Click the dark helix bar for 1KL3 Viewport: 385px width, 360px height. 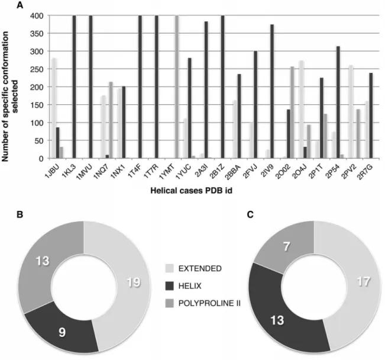(x=74, y=87)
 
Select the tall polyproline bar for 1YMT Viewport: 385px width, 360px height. (x=177, y=87)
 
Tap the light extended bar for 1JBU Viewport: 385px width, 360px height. (x=54, y=108)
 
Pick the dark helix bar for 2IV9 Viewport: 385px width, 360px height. (x=272, y=91)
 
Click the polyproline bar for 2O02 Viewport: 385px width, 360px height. (x=292, y=112)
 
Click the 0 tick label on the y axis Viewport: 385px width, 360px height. (x=41, y=159)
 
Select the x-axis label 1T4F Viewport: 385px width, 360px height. (x=135, y=171)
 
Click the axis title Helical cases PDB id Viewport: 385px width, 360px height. (x=191, y=191)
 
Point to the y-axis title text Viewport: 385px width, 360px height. (x=10, y=97)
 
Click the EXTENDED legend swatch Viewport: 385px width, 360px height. (x=169, y=268)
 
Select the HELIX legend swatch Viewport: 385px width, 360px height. (x=169, y=286)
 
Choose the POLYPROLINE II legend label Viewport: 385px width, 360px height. (x=209, y=303)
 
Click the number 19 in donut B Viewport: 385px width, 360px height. (x=134, y=282)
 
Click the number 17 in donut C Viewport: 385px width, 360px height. (x=363, y=281)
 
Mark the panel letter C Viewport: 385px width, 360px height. (x=250, y=215)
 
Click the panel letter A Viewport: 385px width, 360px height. (x=20, y=5)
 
